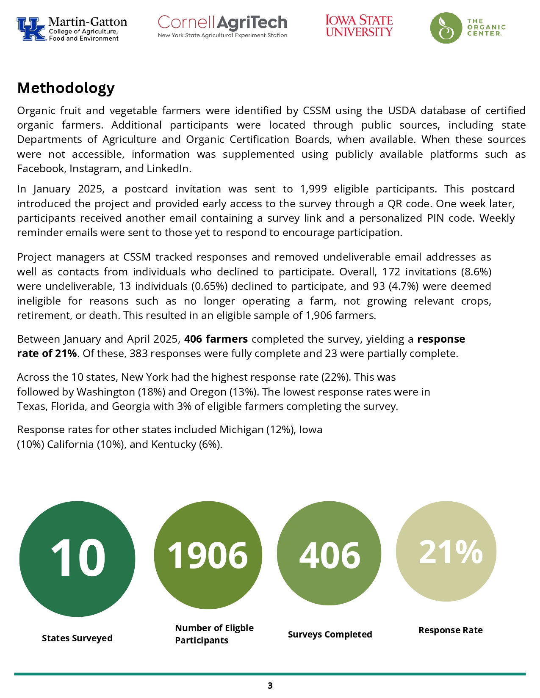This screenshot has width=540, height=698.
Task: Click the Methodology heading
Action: coord(66,88)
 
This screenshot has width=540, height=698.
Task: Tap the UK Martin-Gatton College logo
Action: coord(72,29)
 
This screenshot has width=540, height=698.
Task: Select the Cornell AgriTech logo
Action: coord(222,27)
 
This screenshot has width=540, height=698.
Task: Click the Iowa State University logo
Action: coord(359,26)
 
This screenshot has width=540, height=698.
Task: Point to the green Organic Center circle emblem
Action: coord(446,28)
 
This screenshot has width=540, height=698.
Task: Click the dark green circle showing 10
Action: coord(77,559)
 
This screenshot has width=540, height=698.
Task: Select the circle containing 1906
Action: coord(208,555)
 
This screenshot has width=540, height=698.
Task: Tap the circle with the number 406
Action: coord(329,553)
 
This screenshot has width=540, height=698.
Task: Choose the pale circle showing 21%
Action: coord(446,551)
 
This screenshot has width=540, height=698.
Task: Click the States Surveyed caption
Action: coord(77,638)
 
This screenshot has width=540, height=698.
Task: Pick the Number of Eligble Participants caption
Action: coord(214,634)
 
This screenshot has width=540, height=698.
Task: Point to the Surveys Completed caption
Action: coord(330,634)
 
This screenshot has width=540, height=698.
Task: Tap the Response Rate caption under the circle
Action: coord(450,630)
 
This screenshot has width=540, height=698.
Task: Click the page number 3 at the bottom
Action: coord(270,685)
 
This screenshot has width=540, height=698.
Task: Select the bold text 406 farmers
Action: coord(216,339)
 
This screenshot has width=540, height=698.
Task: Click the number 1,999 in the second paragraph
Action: coord(313,189)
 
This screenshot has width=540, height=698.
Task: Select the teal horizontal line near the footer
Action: coord(270,674)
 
